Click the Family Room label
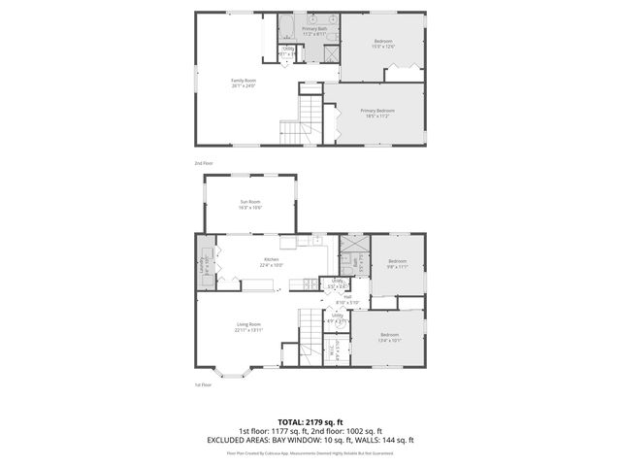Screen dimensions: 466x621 (x=244, y=83)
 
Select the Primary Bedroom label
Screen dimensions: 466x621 (x=375, y=114)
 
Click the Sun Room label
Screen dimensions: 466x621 (x=251, y=204)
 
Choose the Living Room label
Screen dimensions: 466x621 (x=248, y=326)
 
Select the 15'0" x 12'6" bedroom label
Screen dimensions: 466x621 (x=384, y=43)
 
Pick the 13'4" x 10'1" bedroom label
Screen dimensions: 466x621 (x=388, y=337)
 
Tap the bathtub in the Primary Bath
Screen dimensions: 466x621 (x=287, y=24)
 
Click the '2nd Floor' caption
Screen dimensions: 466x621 (x=202, y=162)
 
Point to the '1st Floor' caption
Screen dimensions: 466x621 (x=202, y=384)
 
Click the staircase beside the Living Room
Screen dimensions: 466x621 (x=309, y=335)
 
